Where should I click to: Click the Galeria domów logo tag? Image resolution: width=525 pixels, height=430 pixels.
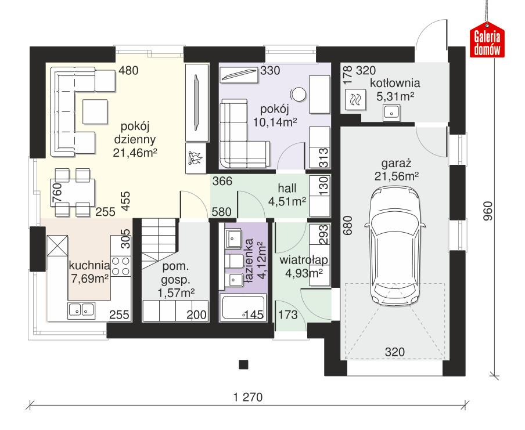click(487, 42)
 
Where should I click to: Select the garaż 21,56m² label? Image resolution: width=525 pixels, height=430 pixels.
click(397, 168)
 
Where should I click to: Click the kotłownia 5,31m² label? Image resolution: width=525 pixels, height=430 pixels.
click(398, 89)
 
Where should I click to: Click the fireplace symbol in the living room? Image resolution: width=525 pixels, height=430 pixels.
click(194, 158)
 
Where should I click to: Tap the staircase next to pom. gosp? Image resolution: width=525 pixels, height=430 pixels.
click(159, 240)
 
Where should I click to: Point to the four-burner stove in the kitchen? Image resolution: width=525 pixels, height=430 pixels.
click(121, 266)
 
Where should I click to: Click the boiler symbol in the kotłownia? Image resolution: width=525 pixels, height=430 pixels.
click(355, 100)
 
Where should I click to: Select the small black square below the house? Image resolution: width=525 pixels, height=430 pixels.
click(244, 364)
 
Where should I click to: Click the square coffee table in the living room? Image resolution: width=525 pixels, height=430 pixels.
click(95, 111)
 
